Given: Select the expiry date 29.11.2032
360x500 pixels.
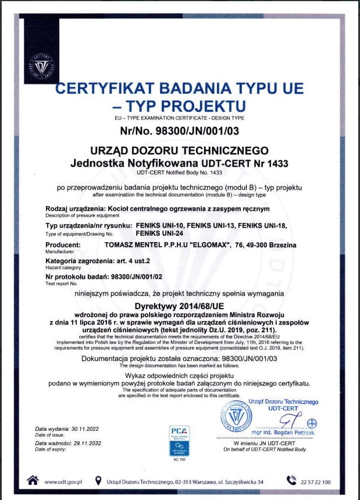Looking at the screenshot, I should [84, 442].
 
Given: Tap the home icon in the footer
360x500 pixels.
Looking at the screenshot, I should [33, 480].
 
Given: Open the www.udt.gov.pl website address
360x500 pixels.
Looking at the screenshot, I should [63, 481].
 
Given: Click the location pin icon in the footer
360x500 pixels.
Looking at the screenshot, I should [100, 481].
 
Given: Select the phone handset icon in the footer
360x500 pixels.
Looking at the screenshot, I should [291, 480].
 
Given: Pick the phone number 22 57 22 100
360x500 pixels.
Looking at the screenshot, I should [316, 481].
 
